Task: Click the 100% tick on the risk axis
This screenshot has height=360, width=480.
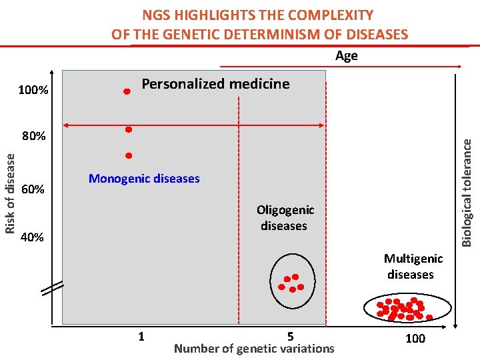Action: pos(33,90)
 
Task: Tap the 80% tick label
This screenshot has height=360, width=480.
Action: pos(34,135)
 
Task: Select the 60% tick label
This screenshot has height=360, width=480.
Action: pos(33,189)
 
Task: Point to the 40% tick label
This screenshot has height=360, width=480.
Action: pos(32,237)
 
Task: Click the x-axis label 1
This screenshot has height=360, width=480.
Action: pos(141,337)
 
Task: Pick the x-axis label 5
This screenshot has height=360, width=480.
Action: pos(291,337)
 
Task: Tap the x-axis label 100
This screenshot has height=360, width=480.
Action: pos(415,338)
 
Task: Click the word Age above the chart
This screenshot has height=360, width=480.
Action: pos(347,56)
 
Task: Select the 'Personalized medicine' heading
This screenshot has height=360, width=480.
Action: pos(215,84)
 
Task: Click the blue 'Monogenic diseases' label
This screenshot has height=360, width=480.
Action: pos(144,178)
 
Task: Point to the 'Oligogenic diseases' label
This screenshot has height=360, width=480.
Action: pos(285,217)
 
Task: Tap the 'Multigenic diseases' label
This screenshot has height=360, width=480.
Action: pos(413,266)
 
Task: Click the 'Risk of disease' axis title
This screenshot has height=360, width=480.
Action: pos(10,194)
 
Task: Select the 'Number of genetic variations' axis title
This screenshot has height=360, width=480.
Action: pos(254,349)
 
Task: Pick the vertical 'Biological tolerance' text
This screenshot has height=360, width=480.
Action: pos(467,193)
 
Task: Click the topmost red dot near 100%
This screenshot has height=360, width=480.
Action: pos(127,91)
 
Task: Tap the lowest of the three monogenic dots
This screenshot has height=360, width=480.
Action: pos(129,156)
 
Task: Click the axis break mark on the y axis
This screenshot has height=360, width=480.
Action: pos(53,288)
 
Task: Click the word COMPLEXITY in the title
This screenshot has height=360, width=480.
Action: pos(331,15)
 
